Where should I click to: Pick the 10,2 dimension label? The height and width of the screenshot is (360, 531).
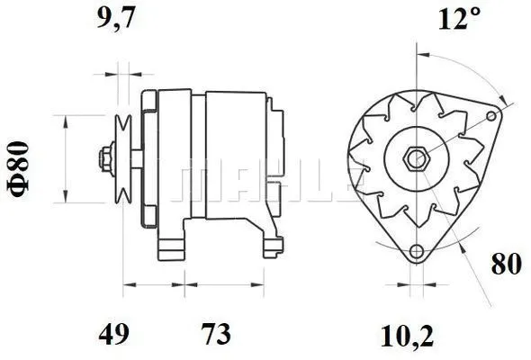tap(407, 335)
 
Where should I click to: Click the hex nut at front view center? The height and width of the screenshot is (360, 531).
tap(417, 158)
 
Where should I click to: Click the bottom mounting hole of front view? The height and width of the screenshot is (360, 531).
tap(416, 253)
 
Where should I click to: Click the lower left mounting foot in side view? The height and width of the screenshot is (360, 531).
tap(172, 244)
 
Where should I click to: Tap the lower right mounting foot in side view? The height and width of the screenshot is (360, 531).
tap(266, 241)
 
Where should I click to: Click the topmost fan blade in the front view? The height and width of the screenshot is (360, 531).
tap(416, 100)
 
